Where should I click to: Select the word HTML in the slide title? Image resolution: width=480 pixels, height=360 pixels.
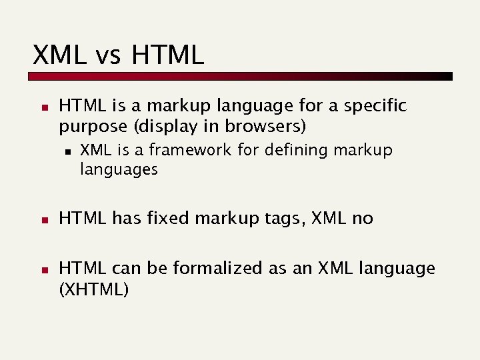pyautogui.click(x=167, y=55)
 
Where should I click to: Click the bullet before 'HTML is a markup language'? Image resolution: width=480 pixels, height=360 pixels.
pyautogui.click(x=41, y=107)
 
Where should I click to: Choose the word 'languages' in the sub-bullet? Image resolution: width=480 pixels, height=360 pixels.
pyautogui.click(x=119, y=170)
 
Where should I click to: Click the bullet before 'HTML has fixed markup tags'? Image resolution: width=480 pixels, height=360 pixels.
pyautogui.click(x=41, y=219)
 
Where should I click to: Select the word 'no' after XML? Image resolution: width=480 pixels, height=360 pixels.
pyautogui.click(x=362, y=219)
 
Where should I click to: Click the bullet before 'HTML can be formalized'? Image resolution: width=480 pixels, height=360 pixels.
pyautogui.click(x=41, y=270)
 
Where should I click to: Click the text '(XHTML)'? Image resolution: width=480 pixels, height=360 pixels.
pyautogui.click(x=94, y=289)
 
